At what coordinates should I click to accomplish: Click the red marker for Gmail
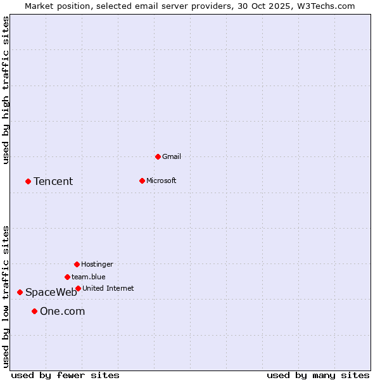(158, 156)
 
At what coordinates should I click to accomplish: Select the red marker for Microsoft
(142, 180)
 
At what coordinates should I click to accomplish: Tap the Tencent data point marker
(28, 181)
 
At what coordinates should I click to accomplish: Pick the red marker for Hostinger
(77, 264)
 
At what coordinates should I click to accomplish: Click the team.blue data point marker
(67, 277)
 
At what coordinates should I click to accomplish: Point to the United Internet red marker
(78, 288)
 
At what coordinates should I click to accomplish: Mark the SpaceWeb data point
(20, 292)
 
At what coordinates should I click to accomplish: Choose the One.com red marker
(34, 311)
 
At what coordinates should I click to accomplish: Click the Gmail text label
(172, 156)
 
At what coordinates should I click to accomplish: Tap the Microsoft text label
(161, 180)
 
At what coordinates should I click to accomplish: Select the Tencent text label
(53, 182)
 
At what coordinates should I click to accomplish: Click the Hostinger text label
(97, 264)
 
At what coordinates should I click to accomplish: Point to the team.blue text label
(88, 277)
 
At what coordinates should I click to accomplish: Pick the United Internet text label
(108, 288)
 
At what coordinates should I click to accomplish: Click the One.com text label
(62, 312)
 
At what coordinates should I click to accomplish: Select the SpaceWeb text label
(51, 293)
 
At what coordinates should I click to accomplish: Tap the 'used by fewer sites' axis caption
(65, 375)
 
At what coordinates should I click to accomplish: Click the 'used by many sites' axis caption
(318, 375)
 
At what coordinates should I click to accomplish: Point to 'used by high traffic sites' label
(6, 90)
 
